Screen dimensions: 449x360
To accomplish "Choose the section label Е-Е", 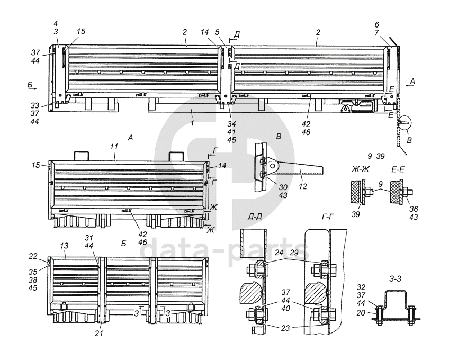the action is click(398, 170).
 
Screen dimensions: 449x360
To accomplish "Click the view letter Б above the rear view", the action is click(123, 244).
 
